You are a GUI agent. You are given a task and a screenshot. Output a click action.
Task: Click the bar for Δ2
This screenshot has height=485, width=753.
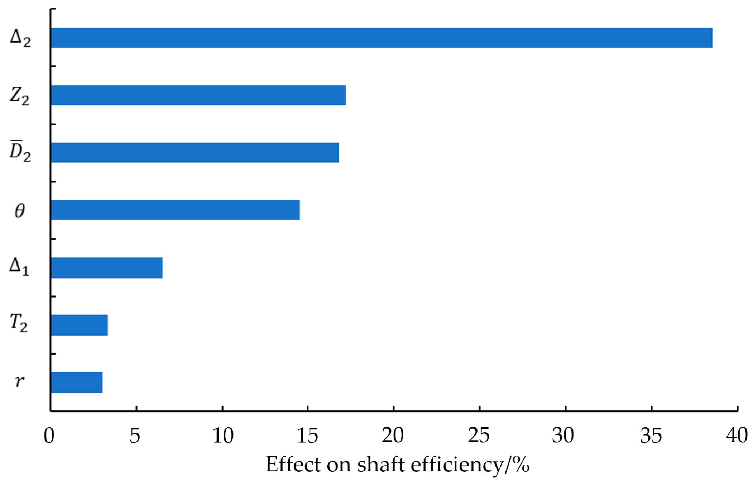[381, 38]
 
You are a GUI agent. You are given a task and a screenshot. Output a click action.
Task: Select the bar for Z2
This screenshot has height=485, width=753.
[198, 95]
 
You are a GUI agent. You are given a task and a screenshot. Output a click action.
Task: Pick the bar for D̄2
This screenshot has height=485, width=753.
[195, 153]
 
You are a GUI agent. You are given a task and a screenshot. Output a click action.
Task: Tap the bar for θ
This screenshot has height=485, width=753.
[175, 210]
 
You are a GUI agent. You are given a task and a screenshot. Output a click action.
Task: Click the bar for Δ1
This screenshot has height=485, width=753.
[106, 268]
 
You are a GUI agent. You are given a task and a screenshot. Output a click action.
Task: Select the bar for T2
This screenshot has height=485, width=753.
[79, 325]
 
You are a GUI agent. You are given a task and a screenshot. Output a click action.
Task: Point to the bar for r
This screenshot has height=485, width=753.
[77, 382]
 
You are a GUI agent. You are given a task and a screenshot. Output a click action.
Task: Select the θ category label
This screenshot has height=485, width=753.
[20, 211]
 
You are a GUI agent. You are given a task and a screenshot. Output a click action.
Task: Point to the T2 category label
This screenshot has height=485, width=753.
[19, 323]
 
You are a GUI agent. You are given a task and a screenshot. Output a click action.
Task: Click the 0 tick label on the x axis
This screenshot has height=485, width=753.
[49, 436]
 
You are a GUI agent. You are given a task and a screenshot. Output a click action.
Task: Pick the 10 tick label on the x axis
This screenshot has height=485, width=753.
[222, 436]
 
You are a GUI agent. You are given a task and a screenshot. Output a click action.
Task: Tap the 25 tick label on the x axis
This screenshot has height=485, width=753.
[479, 436]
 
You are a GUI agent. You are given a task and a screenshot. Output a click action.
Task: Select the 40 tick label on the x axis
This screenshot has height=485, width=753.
[737, 436]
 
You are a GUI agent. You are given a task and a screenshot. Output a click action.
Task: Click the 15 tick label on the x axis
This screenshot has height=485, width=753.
[307, 436]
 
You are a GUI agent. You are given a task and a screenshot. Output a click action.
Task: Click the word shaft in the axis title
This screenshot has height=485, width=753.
[381, 465]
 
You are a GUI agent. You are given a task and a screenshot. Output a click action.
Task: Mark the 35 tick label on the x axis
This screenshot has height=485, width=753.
[651, 436]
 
